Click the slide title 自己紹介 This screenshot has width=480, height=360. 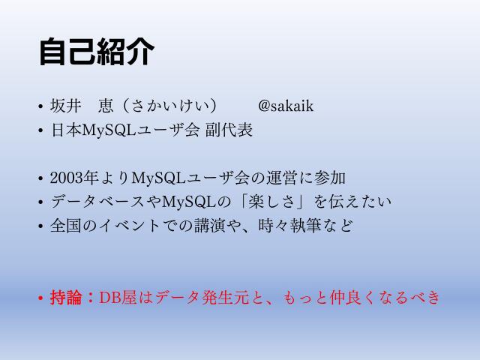(x=97, y=52)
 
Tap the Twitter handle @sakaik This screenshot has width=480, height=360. (x=285, y=106)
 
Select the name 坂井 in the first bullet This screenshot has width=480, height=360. (x=65, y=106)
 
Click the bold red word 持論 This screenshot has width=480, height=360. (x=64, y=298)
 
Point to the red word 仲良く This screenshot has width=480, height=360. (x=352, y=298)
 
